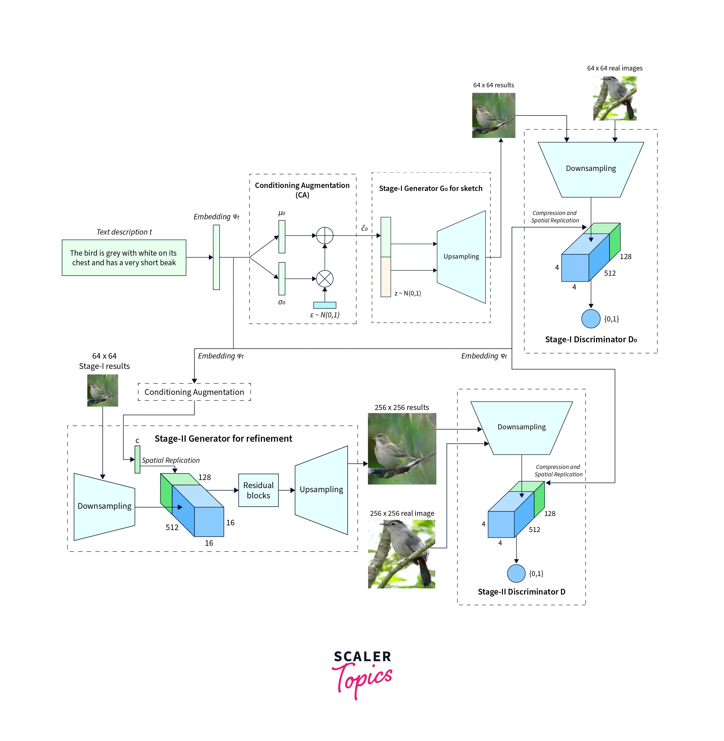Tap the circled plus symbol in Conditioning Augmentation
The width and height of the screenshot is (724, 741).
(325, 235)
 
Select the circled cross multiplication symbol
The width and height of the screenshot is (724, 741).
(325, 279)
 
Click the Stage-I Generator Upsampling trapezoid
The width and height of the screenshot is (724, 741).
(461, 257)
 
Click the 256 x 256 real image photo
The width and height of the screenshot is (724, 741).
(402, 554)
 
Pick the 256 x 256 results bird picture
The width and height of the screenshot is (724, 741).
(402, 449)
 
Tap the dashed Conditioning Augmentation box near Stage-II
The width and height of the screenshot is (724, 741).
(194, 392)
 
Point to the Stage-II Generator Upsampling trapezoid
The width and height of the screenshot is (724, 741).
(321, 490)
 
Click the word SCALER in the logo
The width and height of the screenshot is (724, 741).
(362, 656)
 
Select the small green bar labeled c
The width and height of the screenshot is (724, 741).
(137, 459)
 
